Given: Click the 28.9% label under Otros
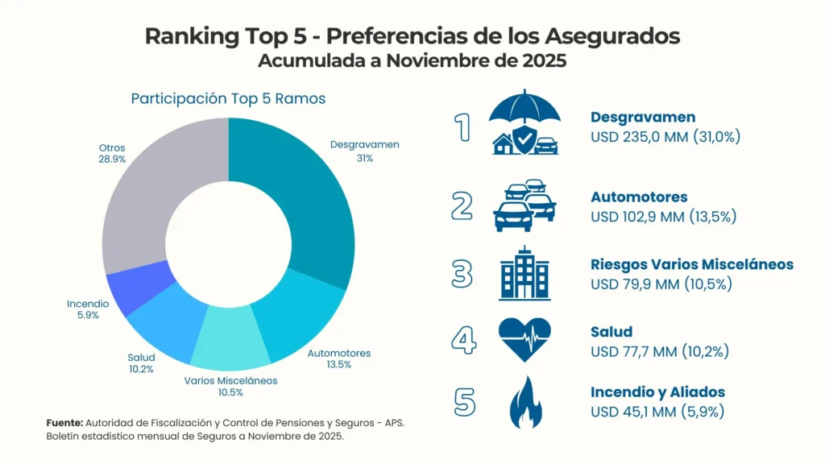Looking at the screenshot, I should (x=112, y=160).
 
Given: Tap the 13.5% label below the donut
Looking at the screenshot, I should (x=339, y=365).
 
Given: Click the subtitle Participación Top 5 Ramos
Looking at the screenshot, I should (x=228, y=99).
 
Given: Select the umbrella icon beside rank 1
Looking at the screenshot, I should (x=524, y=121).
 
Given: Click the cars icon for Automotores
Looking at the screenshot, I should (x=524, y=205).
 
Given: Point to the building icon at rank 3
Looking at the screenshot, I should (x=524, y=273).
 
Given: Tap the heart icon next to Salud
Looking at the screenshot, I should (x=524, y=339).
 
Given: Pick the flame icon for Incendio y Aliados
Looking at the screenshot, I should (x=524, y=402).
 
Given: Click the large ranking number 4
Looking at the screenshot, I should (x=463, y=339).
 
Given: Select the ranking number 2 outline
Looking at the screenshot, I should (x=462, y=205).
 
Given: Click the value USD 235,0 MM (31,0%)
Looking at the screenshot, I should (x=665, y=137).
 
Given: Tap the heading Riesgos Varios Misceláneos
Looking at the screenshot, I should (x=692, y=264).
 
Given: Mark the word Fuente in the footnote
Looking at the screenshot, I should (x=63, y=422).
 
